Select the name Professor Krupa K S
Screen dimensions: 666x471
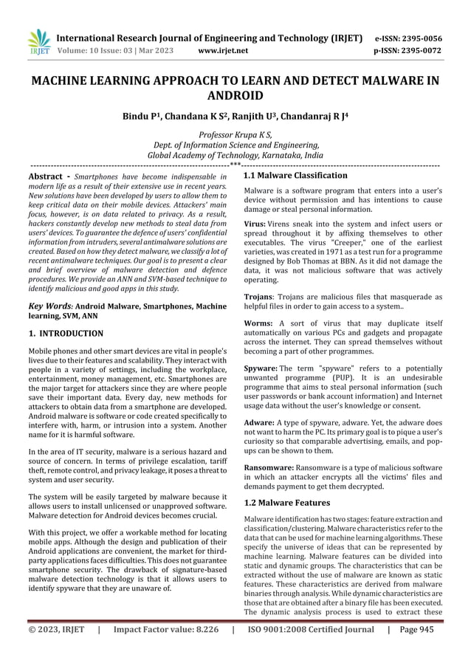(x=235, y=134)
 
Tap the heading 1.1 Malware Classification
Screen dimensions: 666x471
(x=295, y=176)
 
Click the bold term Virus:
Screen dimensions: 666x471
(x=255, y=223)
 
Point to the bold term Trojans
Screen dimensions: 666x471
(x=260, y=296)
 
